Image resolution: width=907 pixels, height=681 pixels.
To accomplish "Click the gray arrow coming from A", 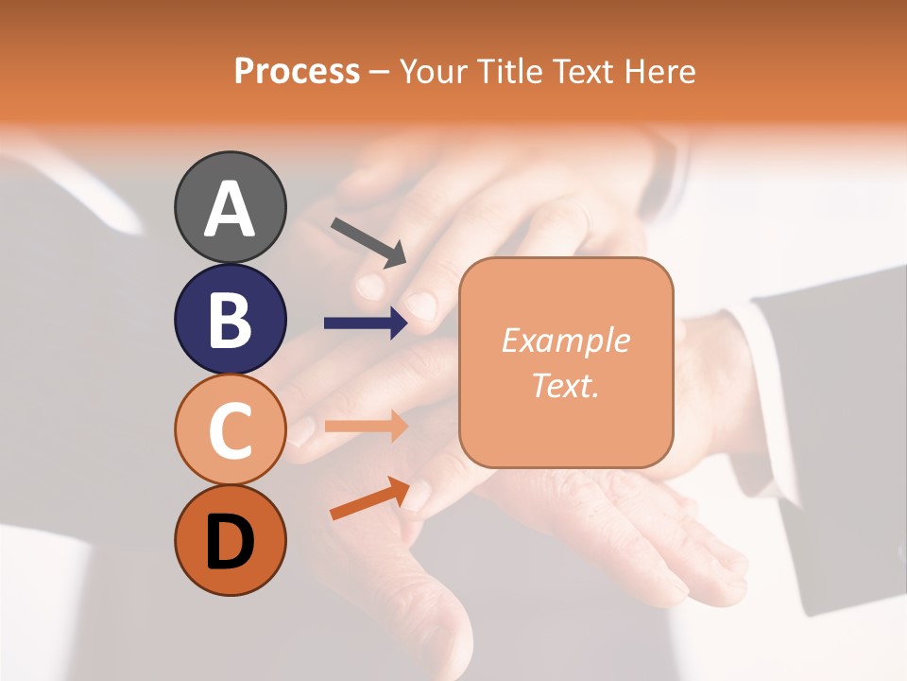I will (x=368, y=242).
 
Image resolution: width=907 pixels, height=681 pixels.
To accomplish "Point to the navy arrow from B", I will (x=365, y=323).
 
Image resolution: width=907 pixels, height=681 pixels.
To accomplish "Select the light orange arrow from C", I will (x=365, y=427).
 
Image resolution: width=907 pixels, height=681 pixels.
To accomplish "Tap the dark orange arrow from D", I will (x=368, y=499).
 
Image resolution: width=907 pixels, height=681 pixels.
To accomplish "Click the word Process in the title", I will (x=297, y=71).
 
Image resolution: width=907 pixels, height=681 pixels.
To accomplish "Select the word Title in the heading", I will (x=512, y=71).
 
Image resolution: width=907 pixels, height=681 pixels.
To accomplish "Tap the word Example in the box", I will (x=565, y=340).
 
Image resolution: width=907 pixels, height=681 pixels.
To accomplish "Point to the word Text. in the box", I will (x=565, y=386).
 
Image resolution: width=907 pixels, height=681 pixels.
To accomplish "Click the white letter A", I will (x=230, y=209).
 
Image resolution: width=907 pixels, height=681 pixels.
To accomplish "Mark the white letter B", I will (x=230, y=320).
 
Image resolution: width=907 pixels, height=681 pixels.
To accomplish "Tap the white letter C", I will (x=230, y=430).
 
